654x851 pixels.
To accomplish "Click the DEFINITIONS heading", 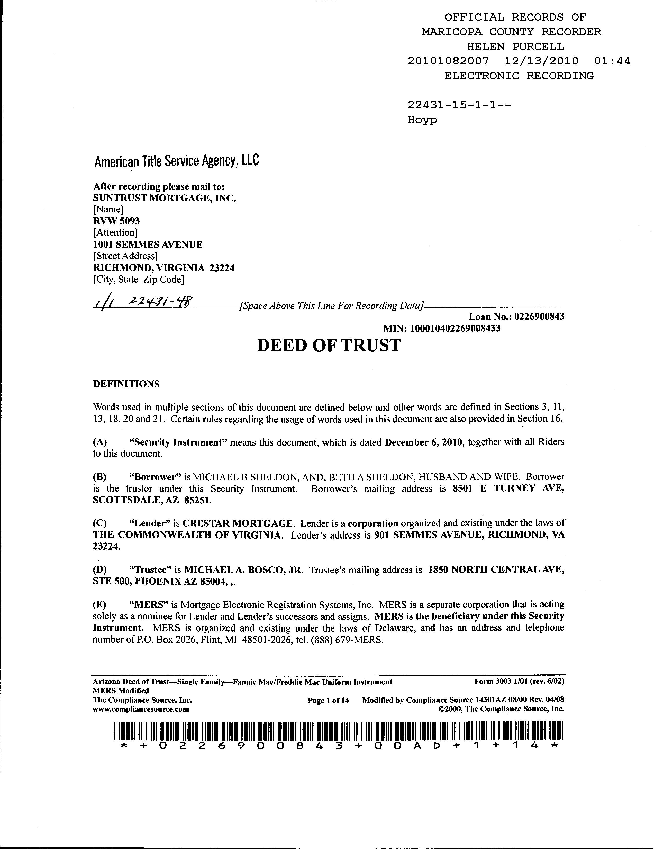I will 126,384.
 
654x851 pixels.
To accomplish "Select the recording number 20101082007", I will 448,61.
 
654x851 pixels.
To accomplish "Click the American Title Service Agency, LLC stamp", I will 177,161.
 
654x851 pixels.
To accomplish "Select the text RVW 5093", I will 116,221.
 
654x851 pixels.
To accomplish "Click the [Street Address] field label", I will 125,256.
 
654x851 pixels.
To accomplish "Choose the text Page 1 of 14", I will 328,701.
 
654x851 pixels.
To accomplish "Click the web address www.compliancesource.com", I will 141,709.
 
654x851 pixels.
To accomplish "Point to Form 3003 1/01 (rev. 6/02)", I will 519,682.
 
